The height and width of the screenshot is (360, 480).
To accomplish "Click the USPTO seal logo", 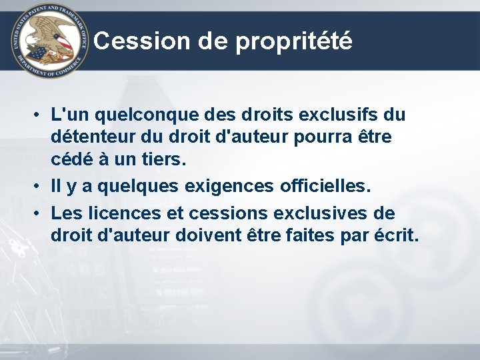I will tap(49, 41).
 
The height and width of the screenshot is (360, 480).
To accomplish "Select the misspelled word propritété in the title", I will tap(293, 42).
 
